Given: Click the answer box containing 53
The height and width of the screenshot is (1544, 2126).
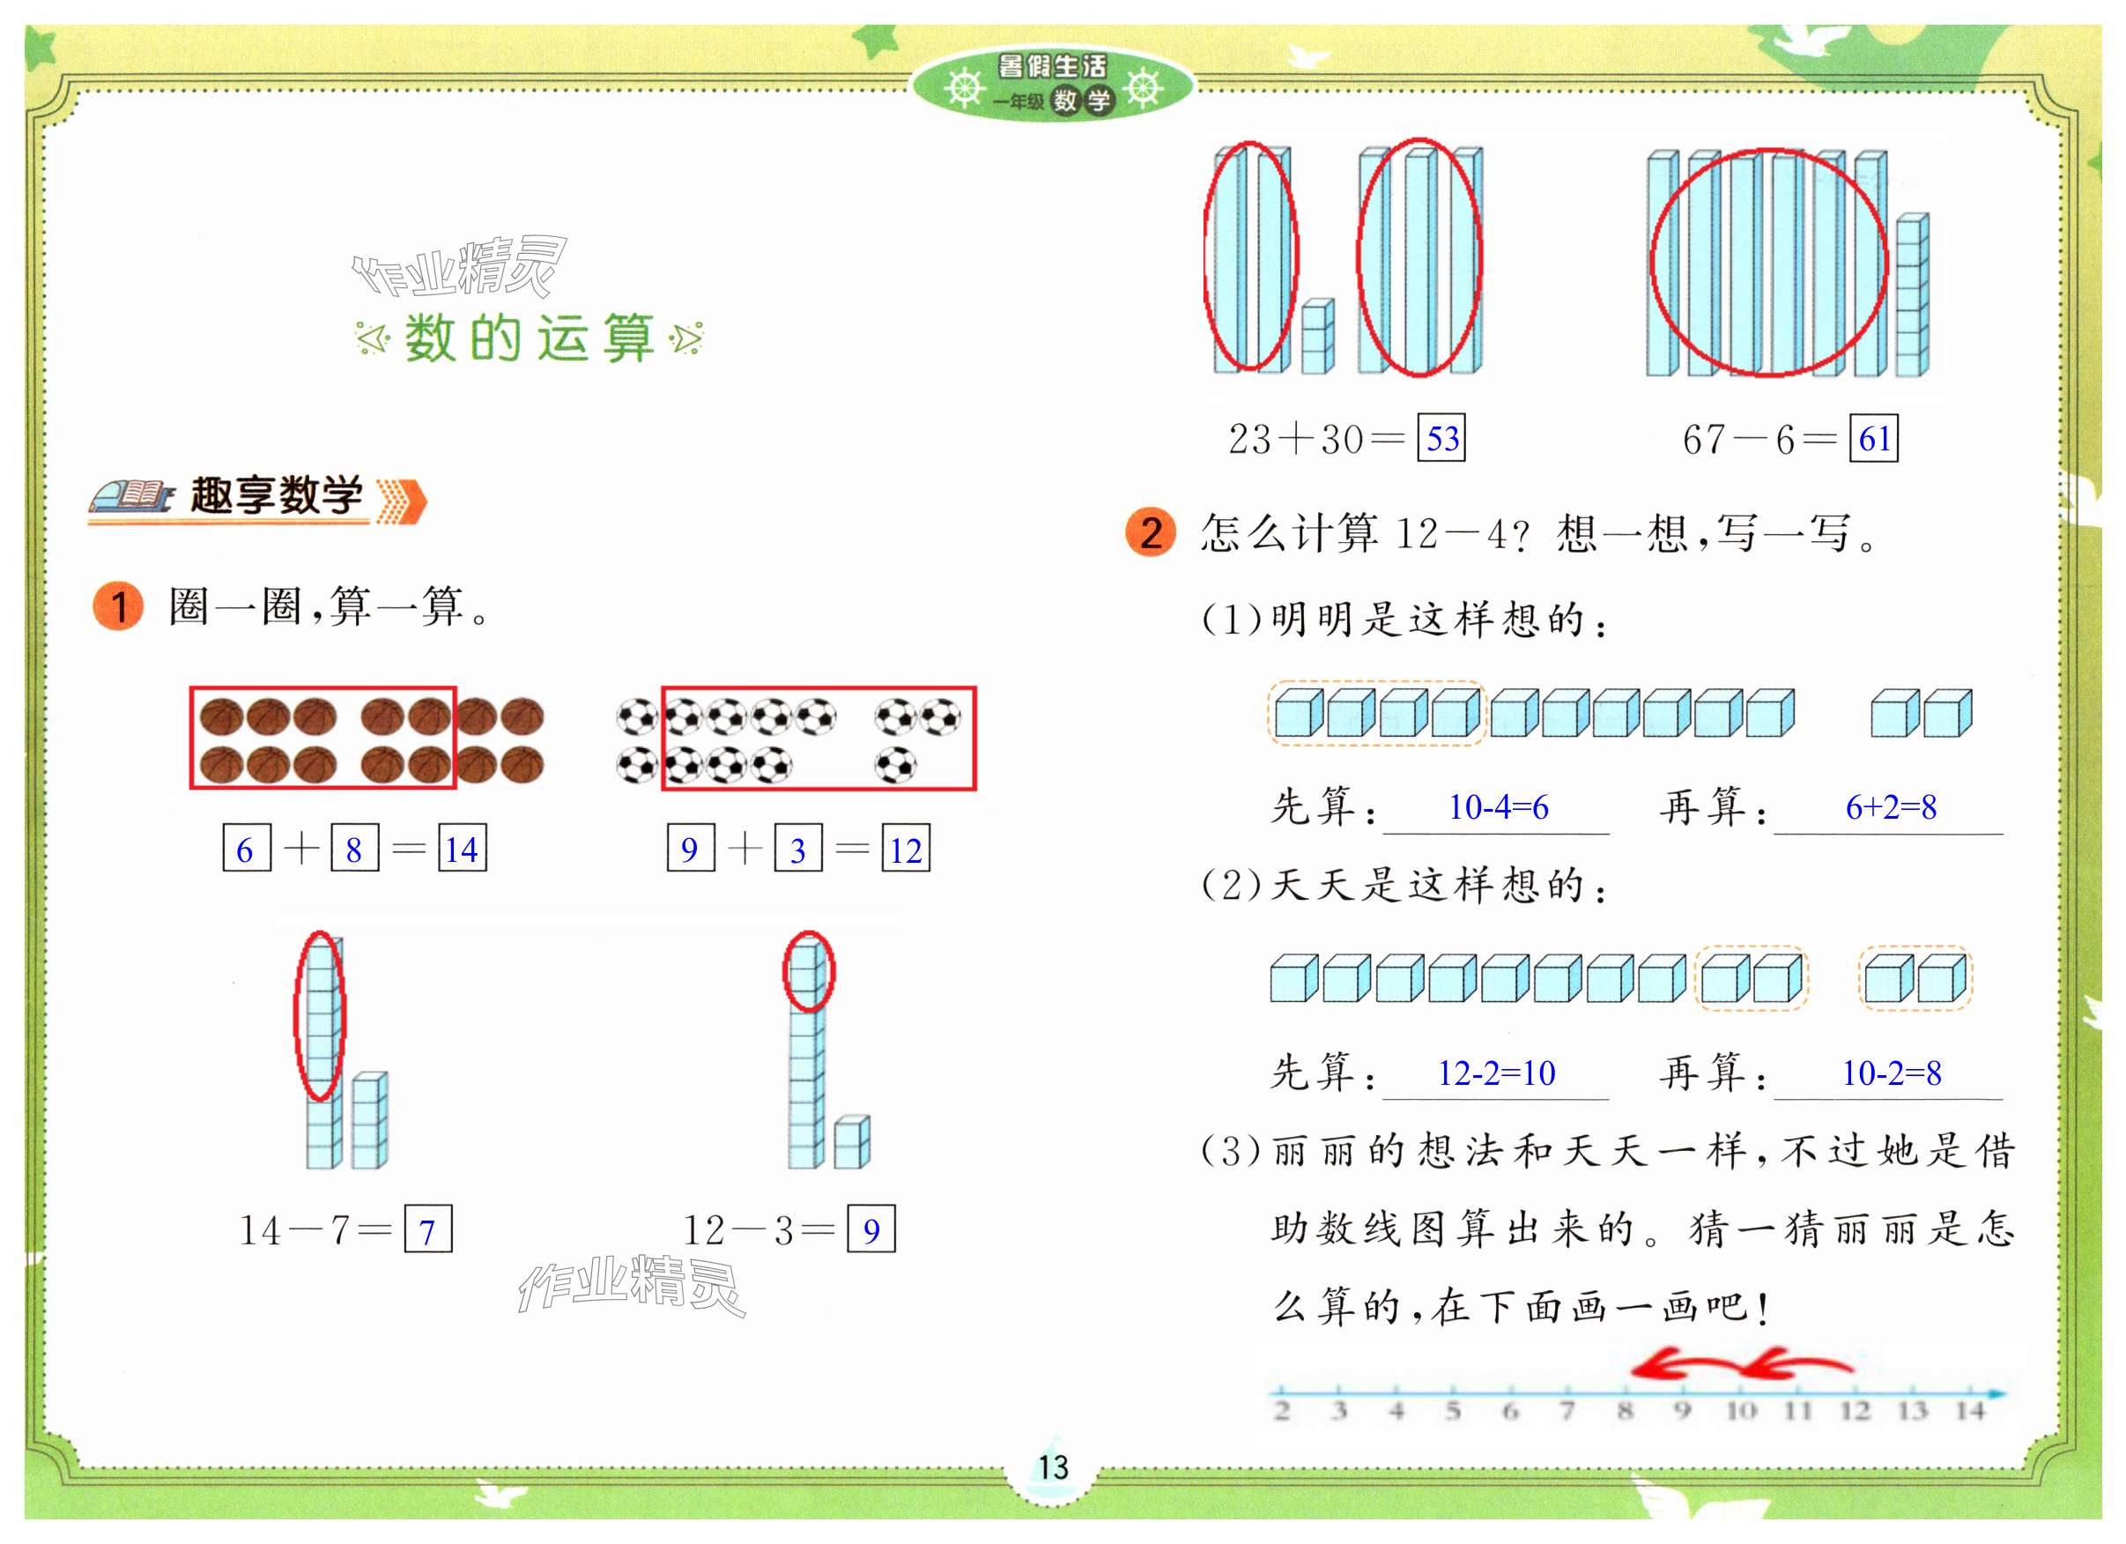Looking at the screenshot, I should pyautogui.click(x=1441, y=438).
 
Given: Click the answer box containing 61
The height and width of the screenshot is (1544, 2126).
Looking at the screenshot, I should pyautogui.click(x=1873, y=438).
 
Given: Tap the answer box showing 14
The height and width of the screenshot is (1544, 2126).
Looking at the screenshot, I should pyautogui.click(x=463, y=849).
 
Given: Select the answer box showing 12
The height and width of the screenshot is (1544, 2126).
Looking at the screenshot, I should pyautogui.click(x=906, y=849).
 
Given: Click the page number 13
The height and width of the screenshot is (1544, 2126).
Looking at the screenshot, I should pyautogui.click(x=1053, y=1467).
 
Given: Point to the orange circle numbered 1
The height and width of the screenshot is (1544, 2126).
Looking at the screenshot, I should pyautogui.click(x=118, y=606).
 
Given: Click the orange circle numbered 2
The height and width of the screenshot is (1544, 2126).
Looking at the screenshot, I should pyautogui.click(x=1150, y=532).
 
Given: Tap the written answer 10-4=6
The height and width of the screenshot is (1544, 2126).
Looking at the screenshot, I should pyautogui.click(x=1498, y=807).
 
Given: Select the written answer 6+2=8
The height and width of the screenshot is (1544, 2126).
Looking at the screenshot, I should pyautogui.click(x=1891, y=807).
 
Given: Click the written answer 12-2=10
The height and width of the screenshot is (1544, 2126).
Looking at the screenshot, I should pyautogui.click(x=1496, y=1073).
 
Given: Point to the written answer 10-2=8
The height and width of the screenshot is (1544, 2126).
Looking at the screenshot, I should pyautogui.click(x=1891, y=1073).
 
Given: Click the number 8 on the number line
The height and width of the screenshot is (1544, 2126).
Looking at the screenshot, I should pyautogui.click(x=1626, y=1411).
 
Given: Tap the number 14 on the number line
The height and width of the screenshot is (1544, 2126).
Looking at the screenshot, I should pyautogui.click(x=1969, y=1411).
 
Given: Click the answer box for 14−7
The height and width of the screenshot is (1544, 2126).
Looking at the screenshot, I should pyautogui.click(x=427, y=1229).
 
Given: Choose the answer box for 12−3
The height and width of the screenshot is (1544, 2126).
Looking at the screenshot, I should pyautogui.click(x=870, y=1229).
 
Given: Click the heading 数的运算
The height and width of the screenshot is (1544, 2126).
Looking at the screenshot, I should pyautogui.click(x=529, y=338).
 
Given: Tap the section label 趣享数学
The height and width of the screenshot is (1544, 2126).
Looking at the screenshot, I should pyautogui.click(x=277, y=495).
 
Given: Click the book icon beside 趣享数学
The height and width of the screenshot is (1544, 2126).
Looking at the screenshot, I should pyautogui.click(x=131, y=497).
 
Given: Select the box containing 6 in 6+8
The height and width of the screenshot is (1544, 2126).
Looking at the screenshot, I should pyautogui.click(x=247, y=849).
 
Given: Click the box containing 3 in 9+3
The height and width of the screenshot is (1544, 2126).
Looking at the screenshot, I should pyautogui.click(x=797, y=849).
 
